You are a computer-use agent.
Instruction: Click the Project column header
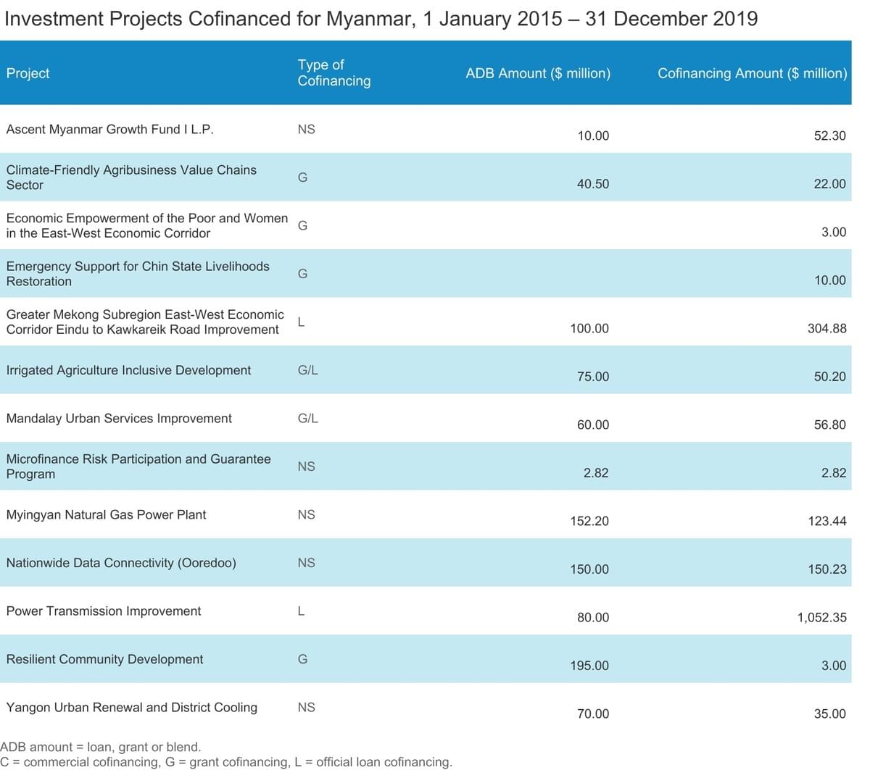(28, 73)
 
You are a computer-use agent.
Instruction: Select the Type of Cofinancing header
(334, 72)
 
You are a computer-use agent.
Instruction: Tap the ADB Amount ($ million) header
(538, 73)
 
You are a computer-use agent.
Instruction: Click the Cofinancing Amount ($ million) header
(753, 73)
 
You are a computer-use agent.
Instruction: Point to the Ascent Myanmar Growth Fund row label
(110, 129)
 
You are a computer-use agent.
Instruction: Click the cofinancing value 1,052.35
(822, 617)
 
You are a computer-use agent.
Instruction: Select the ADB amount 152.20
(589, 521)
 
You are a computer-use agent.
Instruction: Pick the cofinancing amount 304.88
(827, 328)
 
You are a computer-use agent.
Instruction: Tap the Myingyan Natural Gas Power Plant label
(106, 515)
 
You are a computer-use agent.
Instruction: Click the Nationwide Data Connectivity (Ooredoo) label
(121, 563)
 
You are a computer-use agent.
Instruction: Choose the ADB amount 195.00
(589, 666)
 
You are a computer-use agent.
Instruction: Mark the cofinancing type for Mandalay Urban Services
(308, 418)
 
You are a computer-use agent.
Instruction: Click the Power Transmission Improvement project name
(104, 611)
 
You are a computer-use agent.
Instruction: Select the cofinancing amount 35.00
(830, 713)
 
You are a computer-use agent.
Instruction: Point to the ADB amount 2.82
(596, 473)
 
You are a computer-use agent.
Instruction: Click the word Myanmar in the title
(370, 19)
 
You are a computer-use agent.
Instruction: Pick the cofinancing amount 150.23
(827, 569)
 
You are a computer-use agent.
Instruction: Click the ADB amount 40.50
(593, 183)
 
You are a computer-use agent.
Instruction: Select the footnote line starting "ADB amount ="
(101, 747)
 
